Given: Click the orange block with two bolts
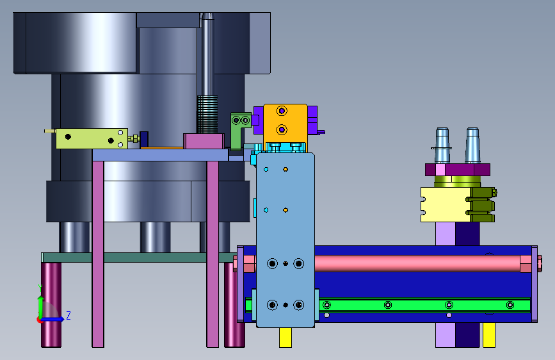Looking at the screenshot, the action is coord(286,123).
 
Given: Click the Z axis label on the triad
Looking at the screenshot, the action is coord(68,315).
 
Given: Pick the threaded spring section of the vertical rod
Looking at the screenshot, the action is coord(207,114).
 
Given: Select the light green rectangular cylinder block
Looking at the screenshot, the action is coord(92,138).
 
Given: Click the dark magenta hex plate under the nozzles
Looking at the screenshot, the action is coord(457,170).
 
